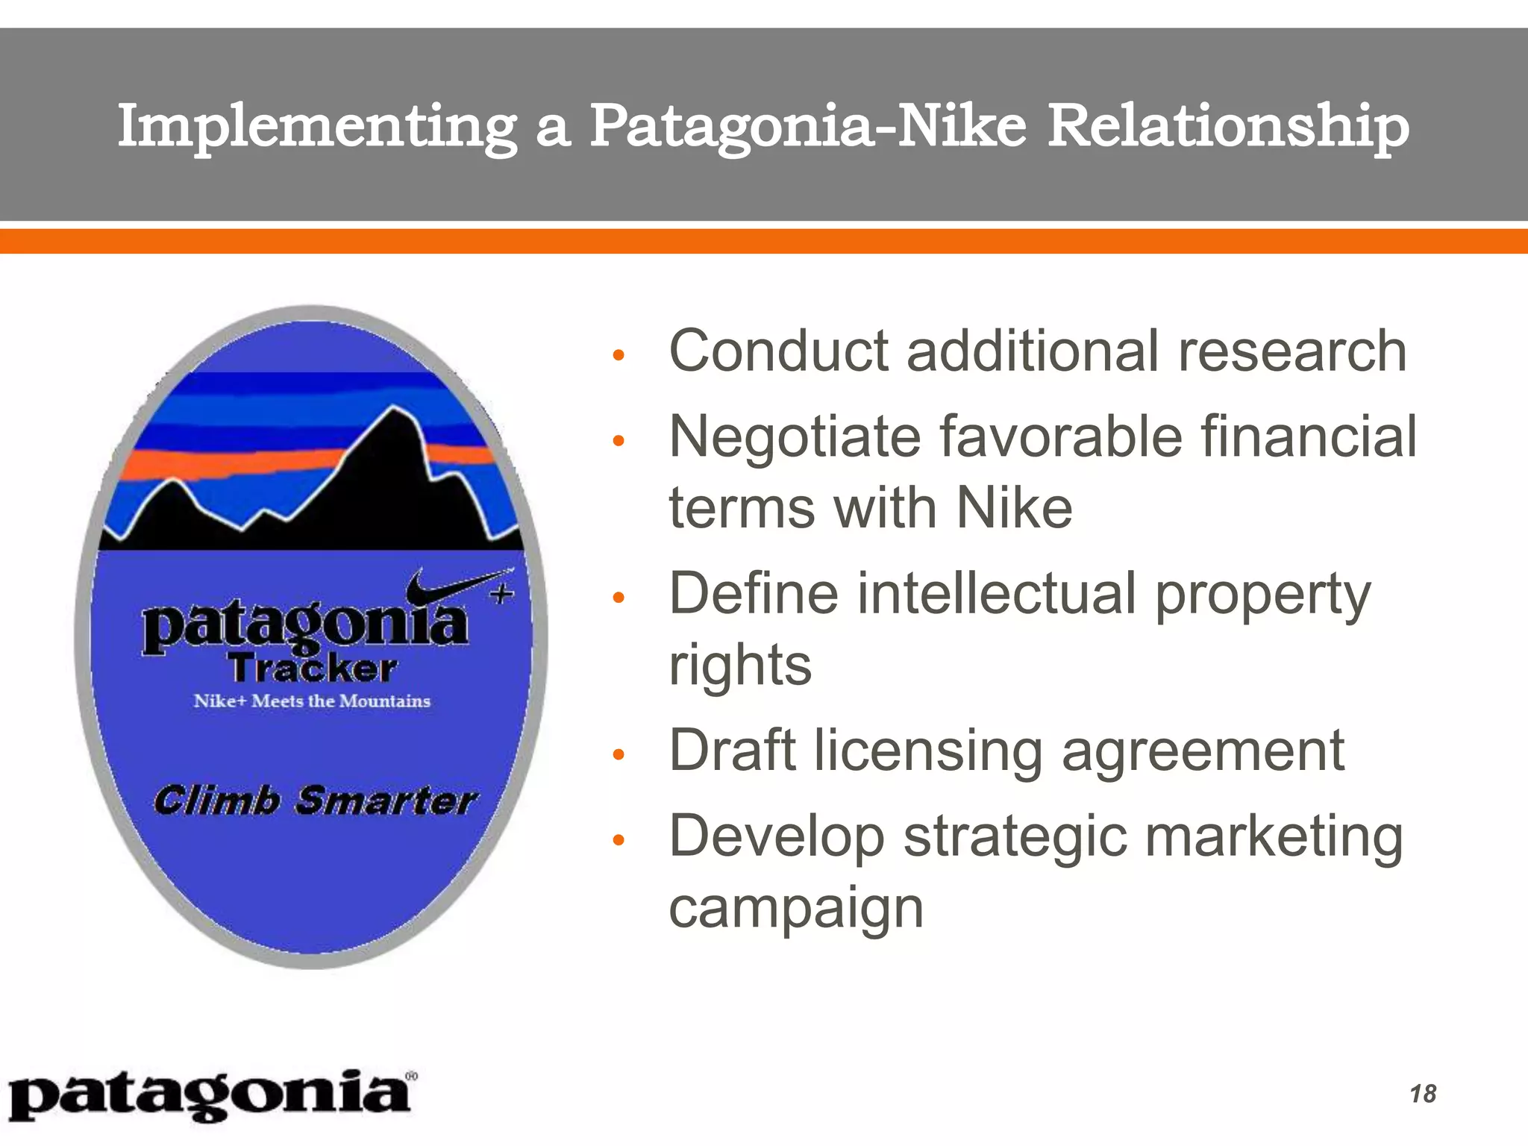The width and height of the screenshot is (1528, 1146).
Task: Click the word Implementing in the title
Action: (x=316, y=127)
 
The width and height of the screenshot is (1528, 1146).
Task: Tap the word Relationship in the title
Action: (x=1228, y=127)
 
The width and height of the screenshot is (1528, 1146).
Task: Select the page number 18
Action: (x=1423, y=1094)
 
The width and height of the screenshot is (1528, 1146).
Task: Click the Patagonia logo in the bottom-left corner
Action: (x=211, y=1095)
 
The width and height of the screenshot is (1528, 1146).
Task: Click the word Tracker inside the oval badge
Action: (x=313, y=668)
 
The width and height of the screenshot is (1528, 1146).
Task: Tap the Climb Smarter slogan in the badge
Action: (x=314, y=801)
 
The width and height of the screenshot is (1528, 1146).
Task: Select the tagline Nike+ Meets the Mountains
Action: (x=312, y=701)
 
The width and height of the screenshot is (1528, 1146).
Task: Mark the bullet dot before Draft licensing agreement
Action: (x=617, y=754)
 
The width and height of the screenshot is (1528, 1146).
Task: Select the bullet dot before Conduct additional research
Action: (x=617, y=355)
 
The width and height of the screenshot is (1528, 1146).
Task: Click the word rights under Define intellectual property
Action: (x=739, y=666)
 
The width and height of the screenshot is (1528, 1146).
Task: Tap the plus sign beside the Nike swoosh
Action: (x=501, y=595)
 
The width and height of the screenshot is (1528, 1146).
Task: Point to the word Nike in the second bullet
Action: (x=1014, y=508)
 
